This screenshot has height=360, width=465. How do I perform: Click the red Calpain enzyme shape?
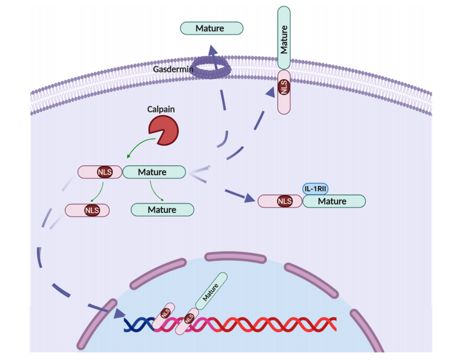[x=163, y=131]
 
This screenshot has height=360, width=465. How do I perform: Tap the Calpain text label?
[x=161, y=109]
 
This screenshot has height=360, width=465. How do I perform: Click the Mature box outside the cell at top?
[x=211, y=28]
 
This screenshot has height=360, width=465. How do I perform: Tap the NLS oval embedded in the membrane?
[x=284, y=87]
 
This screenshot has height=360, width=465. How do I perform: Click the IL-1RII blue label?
[x=316, y=188]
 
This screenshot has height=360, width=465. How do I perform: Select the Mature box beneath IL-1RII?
[x=334, y=201]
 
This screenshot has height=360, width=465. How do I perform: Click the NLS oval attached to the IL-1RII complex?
[x=284, y=201]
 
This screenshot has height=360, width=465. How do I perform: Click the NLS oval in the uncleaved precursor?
[x=105, y=172]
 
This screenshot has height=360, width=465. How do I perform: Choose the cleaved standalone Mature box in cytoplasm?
[x=162, y=210]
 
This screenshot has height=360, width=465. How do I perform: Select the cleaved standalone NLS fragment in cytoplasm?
[x=88, y=210]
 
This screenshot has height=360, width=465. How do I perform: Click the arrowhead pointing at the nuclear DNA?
[x=119, y=314]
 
